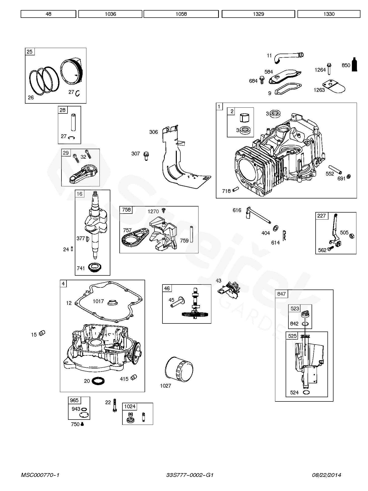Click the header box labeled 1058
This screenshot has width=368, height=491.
click(181, 14)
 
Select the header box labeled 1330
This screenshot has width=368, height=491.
click(329, 14)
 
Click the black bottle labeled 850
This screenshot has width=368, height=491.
click(354, 65)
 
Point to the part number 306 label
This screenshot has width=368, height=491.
click(153, 132)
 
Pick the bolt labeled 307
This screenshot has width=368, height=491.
click(146, 156)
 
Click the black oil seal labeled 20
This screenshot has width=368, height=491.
click(98, 381)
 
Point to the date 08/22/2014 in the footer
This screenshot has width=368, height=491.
click(326, 475)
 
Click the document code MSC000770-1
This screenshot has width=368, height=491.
click(40, 475)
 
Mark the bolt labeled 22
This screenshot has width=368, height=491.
click(115, 405)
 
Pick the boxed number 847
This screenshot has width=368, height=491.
click(281, 294)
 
